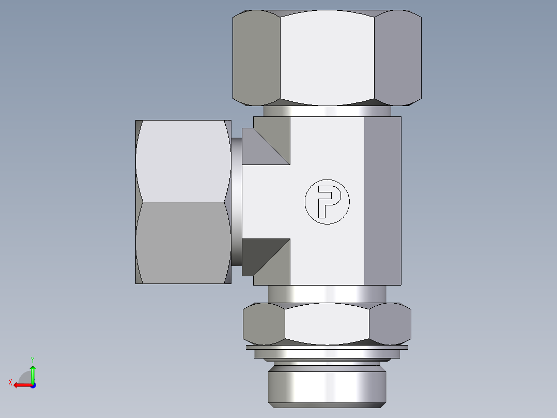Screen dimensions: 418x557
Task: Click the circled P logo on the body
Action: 327,201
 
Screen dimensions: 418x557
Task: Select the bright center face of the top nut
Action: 327,57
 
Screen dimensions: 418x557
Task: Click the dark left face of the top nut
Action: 256,57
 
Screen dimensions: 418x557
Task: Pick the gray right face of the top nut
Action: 397,57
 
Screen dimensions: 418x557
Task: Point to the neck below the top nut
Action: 327,111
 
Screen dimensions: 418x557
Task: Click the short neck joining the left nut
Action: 236,202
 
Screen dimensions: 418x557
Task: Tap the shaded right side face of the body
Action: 382,201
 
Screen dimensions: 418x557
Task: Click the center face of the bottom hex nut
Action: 327,324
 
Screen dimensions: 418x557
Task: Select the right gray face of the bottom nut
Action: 390,324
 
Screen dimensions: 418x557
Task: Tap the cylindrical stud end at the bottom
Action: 327,385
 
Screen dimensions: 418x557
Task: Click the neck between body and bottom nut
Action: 327,294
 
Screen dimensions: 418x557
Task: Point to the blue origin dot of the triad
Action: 33,385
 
